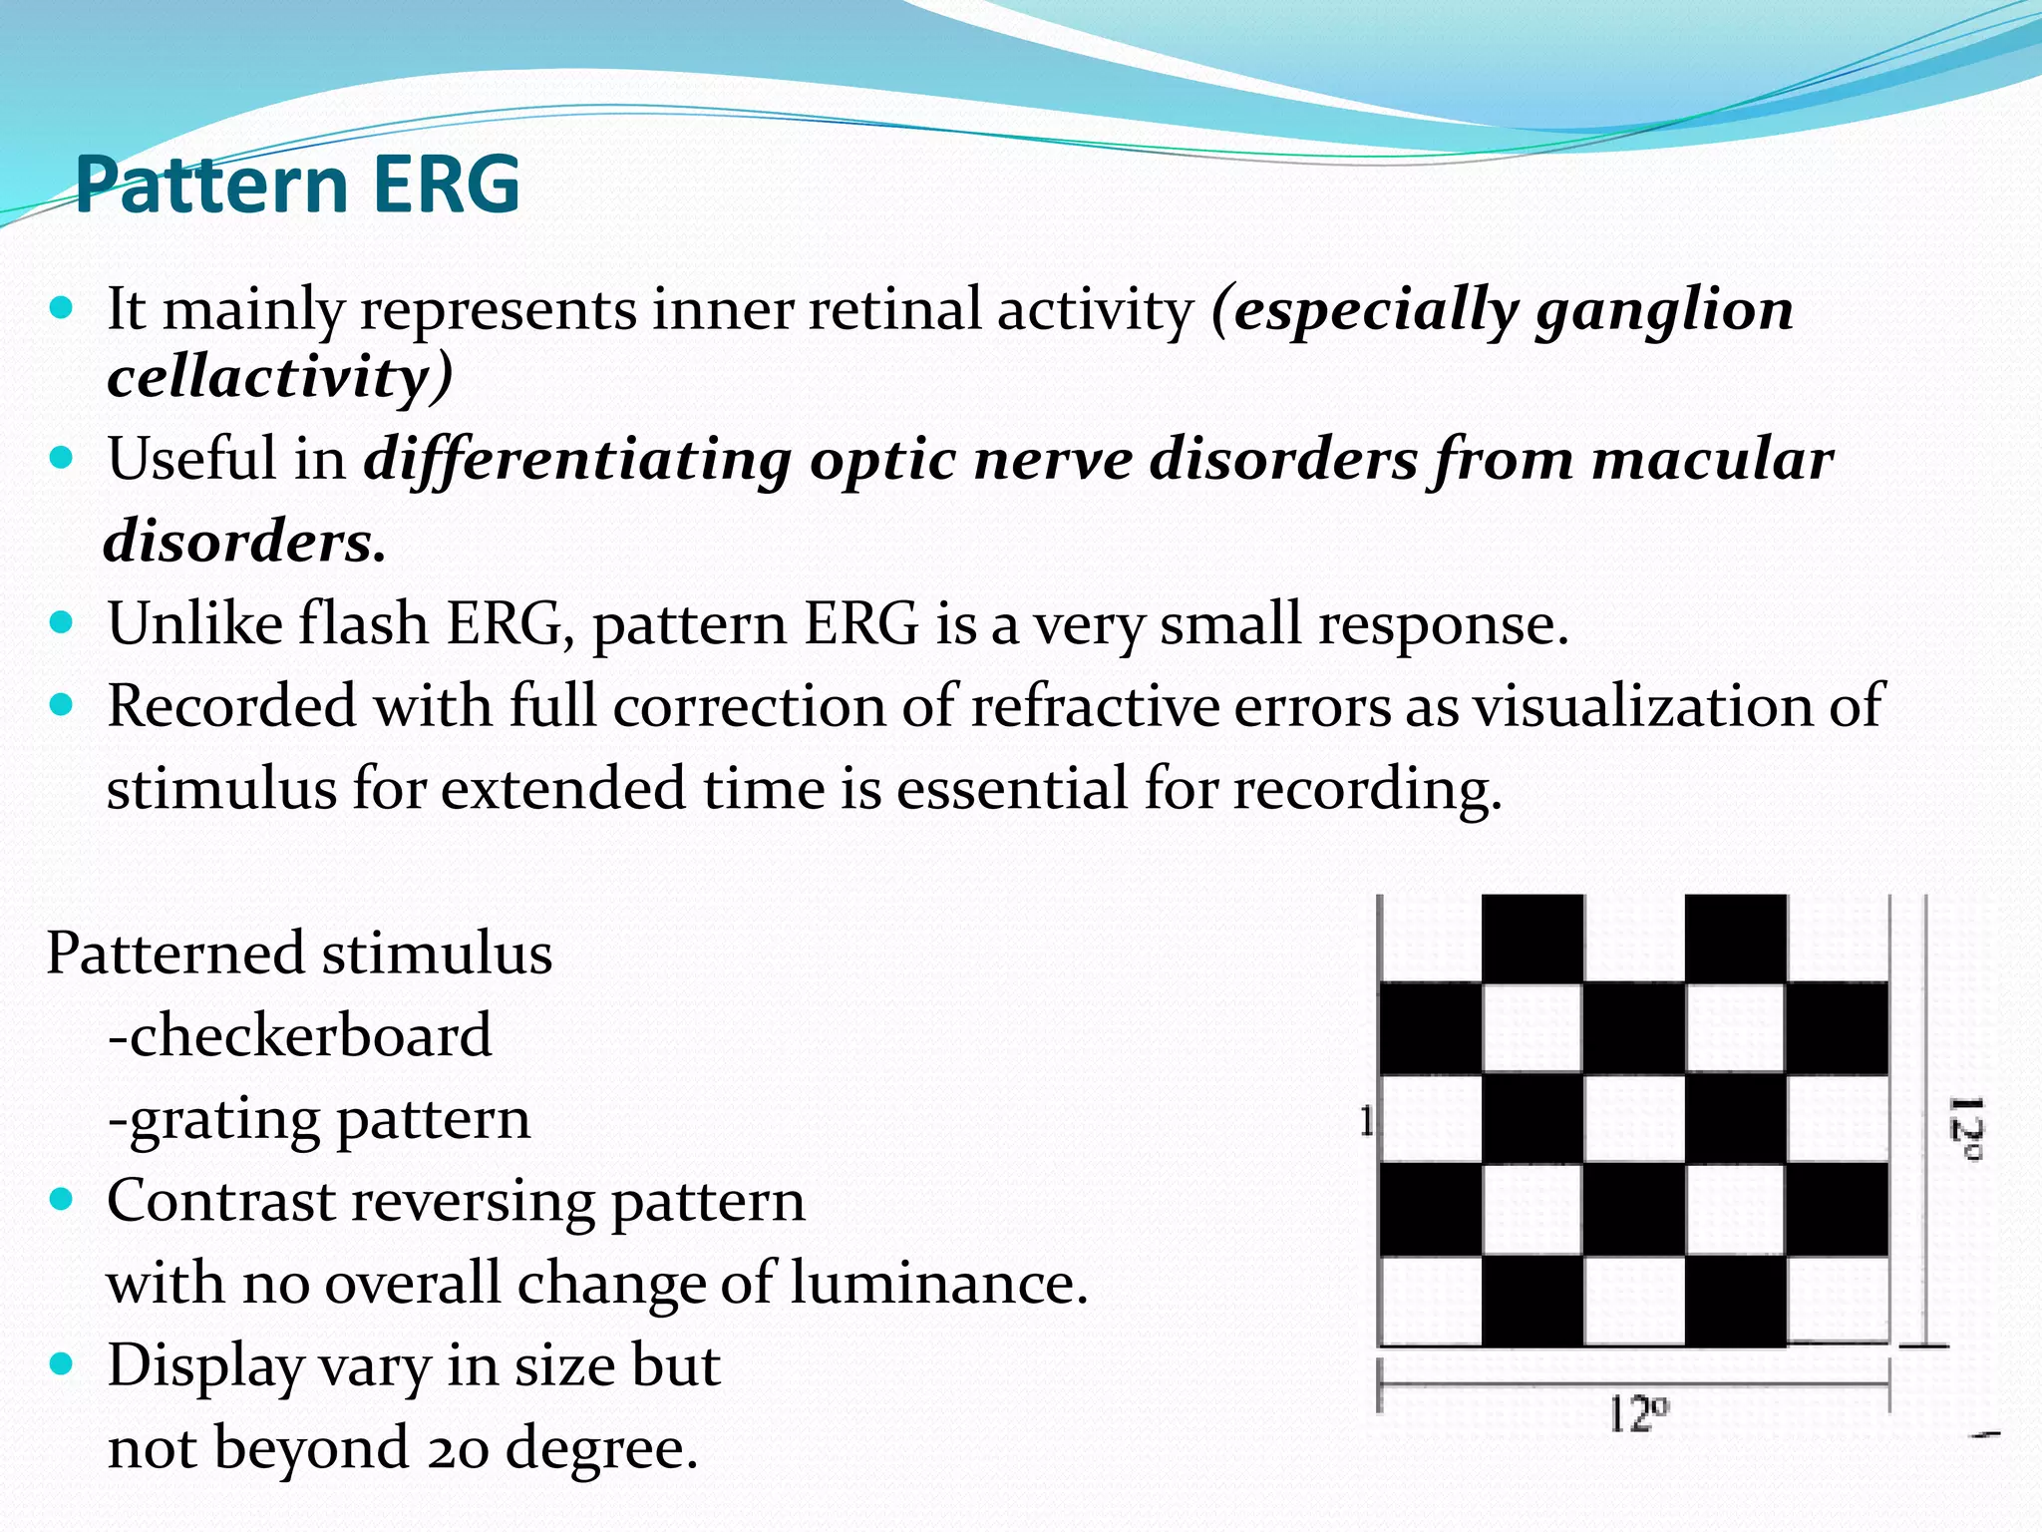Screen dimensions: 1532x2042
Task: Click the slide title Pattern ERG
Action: click(297, 185)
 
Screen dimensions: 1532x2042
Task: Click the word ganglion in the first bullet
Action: click(1664, 310)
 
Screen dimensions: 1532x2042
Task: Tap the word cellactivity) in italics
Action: click(280, 378)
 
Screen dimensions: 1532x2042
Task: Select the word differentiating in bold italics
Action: click(577, 461)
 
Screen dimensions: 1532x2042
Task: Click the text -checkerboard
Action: click(299, 1035)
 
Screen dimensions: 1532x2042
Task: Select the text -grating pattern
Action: click(319, 1118)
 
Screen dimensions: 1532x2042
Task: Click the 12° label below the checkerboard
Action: click(1637, 1414)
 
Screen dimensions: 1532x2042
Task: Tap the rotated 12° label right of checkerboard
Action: click(1965, 1128)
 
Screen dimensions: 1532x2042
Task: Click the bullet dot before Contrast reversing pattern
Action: click(62, 1199)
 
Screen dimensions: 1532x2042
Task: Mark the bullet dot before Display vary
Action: click(62, 1363)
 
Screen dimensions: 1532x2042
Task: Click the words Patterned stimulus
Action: click(299, 954)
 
